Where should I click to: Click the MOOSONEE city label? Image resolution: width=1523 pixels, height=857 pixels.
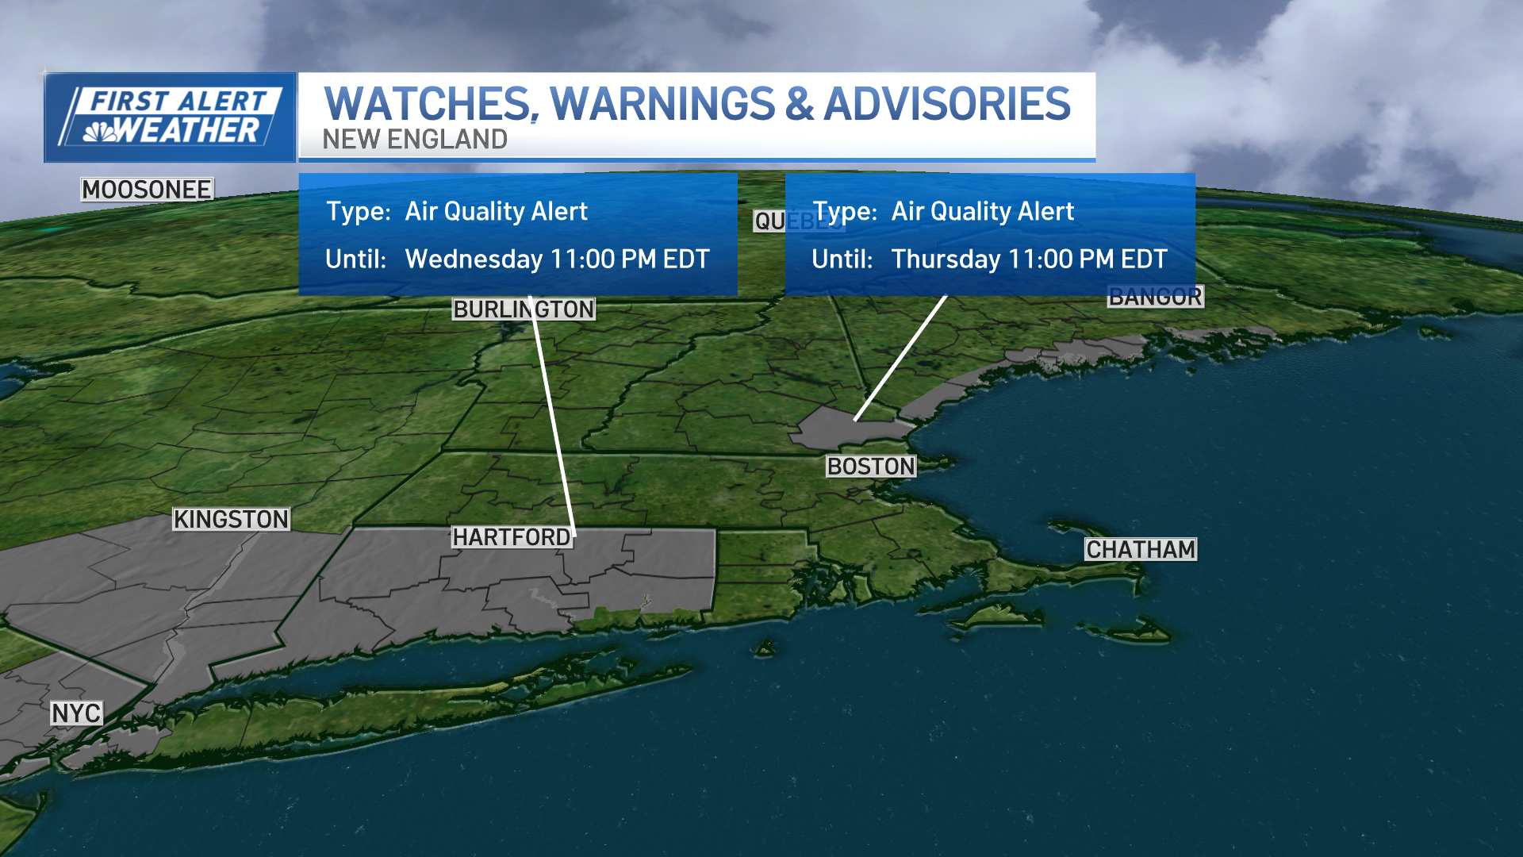tap(147, 190)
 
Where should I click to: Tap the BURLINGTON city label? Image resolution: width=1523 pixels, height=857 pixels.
tap(524, 309)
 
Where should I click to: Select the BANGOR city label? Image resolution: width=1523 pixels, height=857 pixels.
tap(1155, 297)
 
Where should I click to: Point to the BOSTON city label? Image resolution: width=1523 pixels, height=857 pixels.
tap(871, 467)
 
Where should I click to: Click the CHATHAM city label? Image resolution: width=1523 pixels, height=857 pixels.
tap(1141, 549)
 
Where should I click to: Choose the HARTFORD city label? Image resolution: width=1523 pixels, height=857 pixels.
tap(512, 537)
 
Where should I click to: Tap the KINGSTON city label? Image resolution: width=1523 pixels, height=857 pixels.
tap(232, 519)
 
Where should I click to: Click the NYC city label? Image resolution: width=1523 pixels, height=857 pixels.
tap(76, 713)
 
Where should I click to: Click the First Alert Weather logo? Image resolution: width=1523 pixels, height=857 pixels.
tap(170, 117)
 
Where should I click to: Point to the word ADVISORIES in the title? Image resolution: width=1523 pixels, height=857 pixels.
tap(947, 104)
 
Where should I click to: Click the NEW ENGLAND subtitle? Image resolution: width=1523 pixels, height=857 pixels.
tap(415, 140)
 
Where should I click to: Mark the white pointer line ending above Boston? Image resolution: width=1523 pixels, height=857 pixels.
tap(901, 357)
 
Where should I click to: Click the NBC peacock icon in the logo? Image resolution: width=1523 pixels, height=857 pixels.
tap(100, 132)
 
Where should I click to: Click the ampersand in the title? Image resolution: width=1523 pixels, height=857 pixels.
tap(800, 104)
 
